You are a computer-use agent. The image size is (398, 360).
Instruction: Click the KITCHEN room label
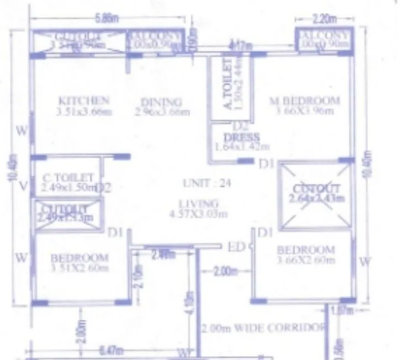(84, 100)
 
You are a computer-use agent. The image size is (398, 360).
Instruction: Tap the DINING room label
(161, 102)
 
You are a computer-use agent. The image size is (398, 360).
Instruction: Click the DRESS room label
(241, 137)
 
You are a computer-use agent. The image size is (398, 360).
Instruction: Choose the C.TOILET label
(68, 178)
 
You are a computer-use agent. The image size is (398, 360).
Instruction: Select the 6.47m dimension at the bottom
(111, 350)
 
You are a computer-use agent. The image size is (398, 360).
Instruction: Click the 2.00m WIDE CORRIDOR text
(262, 328)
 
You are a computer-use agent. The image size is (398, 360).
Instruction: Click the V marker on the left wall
(23, 186)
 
